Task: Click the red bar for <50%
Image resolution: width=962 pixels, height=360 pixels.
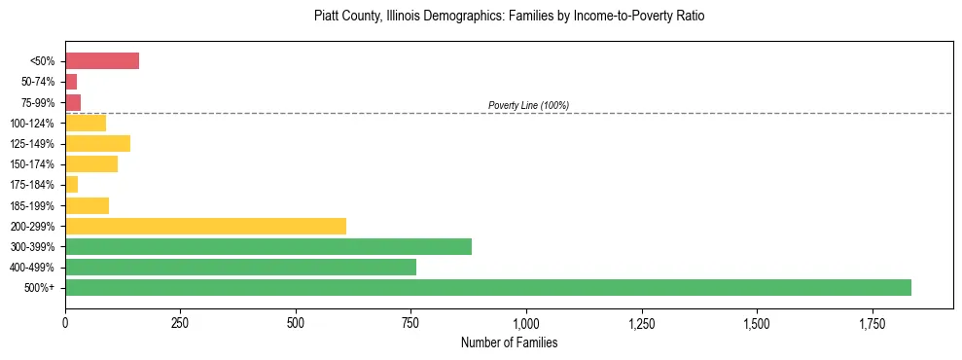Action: click(102, 61)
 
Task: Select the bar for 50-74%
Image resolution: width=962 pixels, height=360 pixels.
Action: click(71, 82)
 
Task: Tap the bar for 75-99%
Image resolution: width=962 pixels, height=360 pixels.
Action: click(73, 102)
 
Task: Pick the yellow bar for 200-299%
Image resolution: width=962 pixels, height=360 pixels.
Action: click(205, 226)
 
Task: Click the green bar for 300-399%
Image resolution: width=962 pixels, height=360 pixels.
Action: click(268, 246)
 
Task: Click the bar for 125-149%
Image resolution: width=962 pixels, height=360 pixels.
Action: click(97, 144)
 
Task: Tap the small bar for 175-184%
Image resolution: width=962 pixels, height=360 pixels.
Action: click(71, 185)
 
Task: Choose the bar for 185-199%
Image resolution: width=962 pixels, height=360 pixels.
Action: click(87, 205)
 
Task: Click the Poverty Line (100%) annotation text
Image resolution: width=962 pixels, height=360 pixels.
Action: click(528, 105)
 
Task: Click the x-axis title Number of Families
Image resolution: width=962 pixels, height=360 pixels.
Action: click(509, 343)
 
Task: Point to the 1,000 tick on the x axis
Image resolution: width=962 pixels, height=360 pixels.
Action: click(526, 322)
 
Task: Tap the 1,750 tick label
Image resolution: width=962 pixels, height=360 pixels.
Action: click(757, 322)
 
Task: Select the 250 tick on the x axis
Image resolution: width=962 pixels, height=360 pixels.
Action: click(180, 322)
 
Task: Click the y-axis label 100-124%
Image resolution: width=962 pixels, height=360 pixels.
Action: click(32, 124)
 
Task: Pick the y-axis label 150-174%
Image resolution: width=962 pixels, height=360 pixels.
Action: click(32, 164)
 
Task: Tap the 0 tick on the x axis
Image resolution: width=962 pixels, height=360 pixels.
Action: click(65, 322)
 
